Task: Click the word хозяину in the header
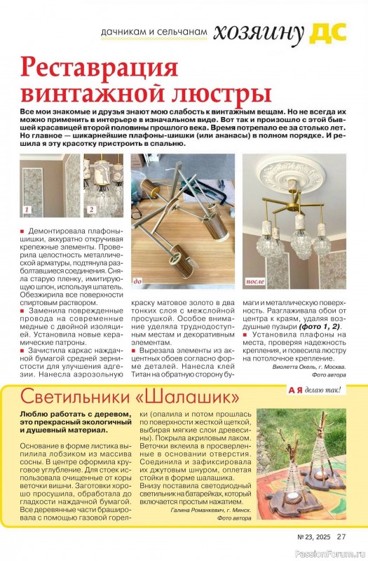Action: [259, 32]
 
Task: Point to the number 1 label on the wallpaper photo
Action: [28, 210]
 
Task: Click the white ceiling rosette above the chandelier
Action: [293, 175]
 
